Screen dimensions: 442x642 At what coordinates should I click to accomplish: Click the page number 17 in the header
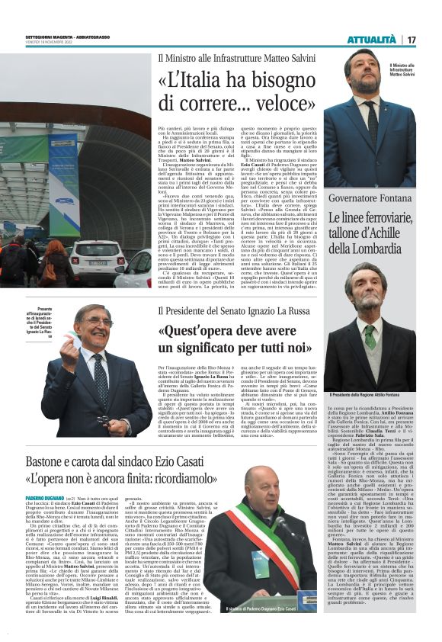[411, 40]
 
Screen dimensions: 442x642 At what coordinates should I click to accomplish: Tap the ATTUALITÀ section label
[371, 40]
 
